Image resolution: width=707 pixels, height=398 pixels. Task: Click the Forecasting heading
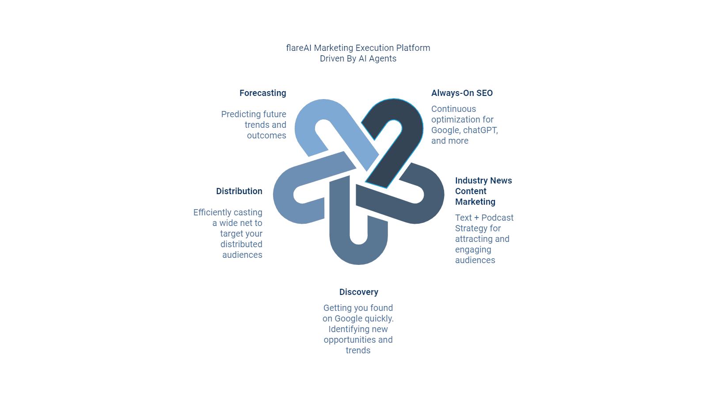click(262, 93)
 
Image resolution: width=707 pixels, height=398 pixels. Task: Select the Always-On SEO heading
click(462, 93)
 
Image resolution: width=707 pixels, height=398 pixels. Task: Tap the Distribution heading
click(239, 191)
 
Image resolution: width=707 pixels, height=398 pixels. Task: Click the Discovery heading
click(358, 292)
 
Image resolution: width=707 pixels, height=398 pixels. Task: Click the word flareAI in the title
click(299, 48)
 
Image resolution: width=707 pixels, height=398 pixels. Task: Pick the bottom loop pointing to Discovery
click(358, 252)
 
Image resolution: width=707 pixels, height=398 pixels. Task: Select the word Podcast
click(498, 218)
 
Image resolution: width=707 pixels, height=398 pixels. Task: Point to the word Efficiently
click(212, 213)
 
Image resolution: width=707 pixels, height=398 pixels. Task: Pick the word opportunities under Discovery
click(350, 340)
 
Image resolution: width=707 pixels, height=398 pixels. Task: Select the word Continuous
click(453, 109)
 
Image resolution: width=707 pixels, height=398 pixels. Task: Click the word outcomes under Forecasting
click(266, 136)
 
